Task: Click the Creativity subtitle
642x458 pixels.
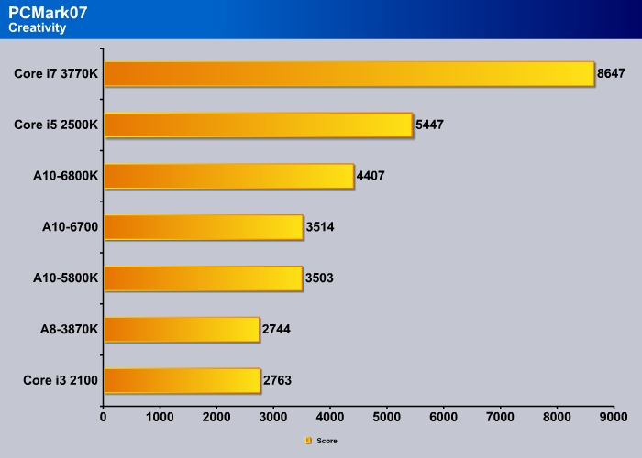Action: click(x=36, y=28)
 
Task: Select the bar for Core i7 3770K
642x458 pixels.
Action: click(x=349, y=73)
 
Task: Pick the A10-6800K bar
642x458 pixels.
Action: click(x=228, y=176)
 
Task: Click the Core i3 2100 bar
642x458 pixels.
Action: click(x=183, y=380)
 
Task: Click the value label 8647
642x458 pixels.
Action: click(x=613, y=73)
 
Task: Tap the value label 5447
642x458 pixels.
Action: click(x=429, y=125)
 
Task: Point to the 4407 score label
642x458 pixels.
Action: click(x=371, y=176)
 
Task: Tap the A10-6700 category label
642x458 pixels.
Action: click(x=67, y=227)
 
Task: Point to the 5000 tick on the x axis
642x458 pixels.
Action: click(x=386, y=418)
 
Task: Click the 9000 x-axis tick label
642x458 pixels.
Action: click(x=613, y=418)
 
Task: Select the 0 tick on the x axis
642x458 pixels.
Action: click(x=104, y=418)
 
